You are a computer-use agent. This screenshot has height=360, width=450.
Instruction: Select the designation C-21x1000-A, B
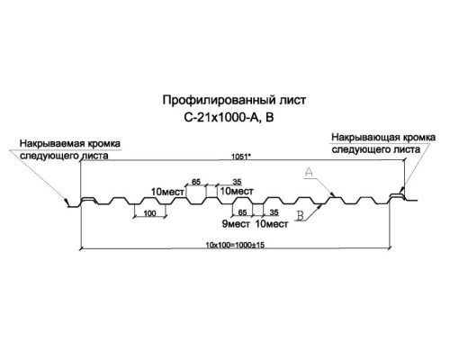229,118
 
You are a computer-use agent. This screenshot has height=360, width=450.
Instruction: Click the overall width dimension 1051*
241,157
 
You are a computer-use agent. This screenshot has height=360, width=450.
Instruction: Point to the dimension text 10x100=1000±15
235,245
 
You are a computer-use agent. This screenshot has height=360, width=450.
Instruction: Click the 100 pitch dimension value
149,213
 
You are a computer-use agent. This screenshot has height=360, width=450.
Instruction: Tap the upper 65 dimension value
196,182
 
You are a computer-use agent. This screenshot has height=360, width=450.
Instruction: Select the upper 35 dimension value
237,182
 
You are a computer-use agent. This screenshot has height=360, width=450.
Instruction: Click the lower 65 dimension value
242,212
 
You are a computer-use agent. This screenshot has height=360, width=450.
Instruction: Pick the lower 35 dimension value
274,212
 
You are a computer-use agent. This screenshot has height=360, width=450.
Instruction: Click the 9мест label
236,224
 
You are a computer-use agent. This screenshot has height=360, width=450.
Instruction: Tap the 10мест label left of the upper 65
167,192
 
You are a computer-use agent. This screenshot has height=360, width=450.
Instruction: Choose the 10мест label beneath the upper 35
237,191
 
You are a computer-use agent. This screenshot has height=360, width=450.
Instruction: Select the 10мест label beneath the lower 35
272,224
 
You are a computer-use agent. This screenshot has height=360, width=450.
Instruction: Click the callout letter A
309,172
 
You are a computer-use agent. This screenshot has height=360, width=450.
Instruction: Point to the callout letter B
300,215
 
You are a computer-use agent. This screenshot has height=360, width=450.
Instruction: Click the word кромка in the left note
103,143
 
